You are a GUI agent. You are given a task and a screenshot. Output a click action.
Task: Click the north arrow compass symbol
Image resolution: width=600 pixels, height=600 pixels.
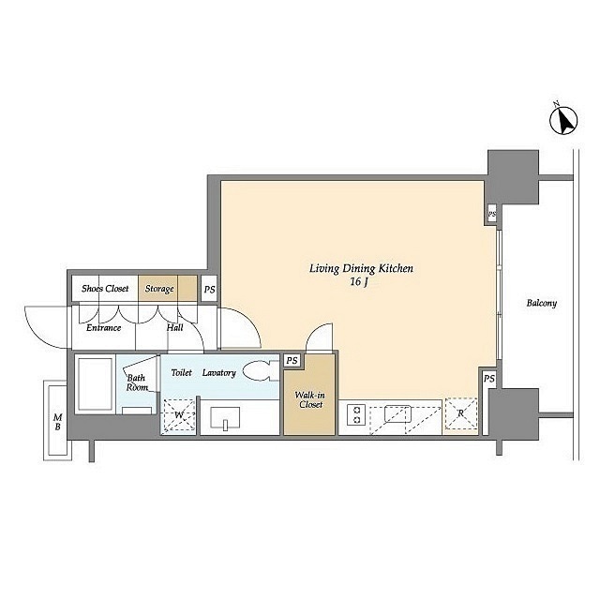(x=563, y=120)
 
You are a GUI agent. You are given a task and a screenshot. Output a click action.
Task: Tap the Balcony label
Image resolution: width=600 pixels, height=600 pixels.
(x=542, y=303)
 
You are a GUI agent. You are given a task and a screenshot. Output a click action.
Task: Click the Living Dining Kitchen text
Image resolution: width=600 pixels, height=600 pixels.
(x=361, y=269)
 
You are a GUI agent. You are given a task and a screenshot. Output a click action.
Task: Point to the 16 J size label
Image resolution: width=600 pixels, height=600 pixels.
(x=358, y=282)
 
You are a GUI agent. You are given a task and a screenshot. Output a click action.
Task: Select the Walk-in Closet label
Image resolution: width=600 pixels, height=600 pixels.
(x=310, y=399)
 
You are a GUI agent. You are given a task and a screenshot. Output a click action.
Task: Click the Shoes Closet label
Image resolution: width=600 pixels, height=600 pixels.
(x=105, y=288)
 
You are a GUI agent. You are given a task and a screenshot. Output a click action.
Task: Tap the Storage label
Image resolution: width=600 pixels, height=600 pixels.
(x=159, y=289)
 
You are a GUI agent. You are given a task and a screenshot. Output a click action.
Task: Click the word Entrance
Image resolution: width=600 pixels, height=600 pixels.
(x=103, y=327)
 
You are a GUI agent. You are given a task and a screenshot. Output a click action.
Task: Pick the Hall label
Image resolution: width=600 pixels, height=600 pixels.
(x=175, y=327)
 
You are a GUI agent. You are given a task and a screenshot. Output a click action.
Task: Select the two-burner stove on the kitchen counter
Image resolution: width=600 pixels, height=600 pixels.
(x=356, y=415)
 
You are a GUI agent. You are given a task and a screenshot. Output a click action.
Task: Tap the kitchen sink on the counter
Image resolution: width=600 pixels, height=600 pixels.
(x=397, y=413)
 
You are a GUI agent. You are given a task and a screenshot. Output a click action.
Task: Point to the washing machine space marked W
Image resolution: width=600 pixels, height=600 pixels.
(x=179, y=415)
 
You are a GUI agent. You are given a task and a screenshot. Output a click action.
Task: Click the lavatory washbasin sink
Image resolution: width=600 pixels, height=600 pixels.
(x=225, y=417)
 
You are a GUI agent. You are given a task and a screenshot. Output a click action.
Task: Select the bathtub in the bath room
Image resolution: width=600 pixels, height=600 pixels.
(x=95, y=383)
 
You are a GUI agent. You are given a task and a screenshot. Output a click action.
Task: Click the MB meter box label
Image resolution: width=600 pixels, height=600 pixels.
(x=57, y=422)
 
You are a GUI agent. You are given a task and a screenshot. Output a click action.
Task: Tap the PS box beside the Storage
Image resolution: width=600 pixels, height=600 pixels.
(x=209, y=289)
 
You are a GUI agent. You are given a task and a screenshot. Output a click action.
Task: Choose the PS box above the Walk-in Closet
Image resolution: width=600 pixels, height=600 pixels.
(x=292, y=360)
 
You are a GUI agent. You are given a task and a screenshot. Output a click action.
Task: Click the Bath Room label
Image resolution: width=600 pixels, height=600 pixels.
(x=137, y=382)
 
